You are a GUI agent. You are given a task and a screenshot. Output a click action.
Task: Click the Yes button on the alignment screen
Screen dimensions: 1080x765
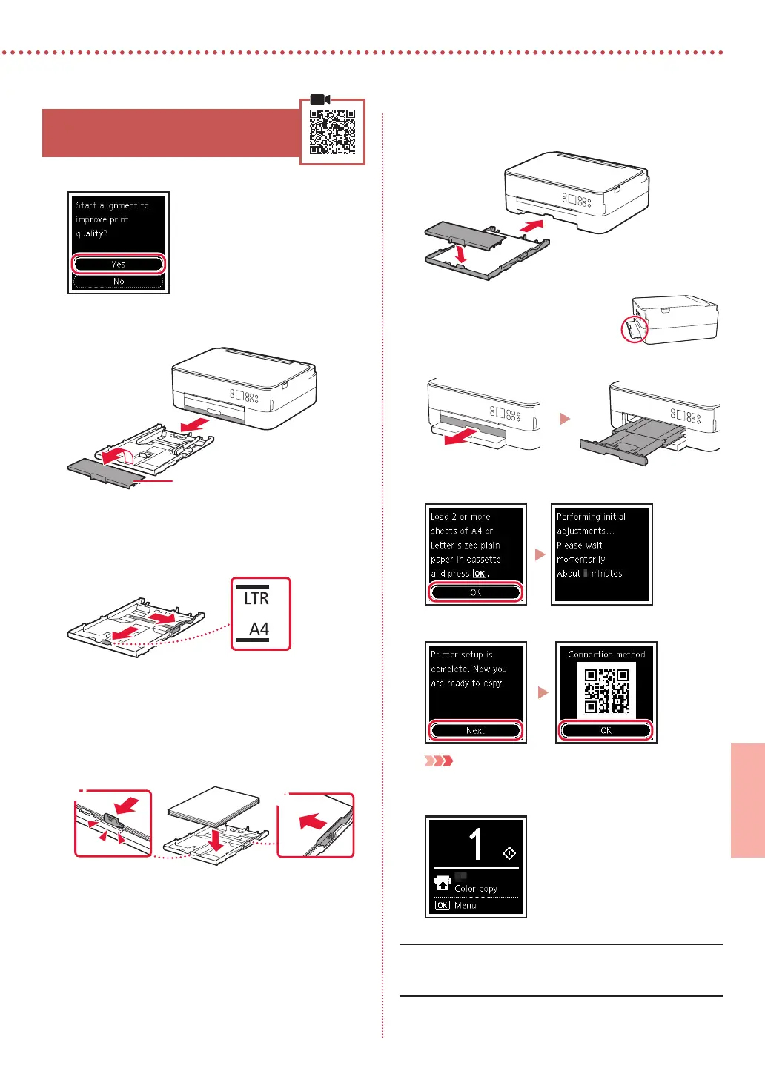(x=119, y=264)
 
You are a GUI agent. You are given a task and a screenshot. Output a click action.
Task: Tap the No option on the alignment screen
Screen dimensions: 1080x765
(x=119, y=282)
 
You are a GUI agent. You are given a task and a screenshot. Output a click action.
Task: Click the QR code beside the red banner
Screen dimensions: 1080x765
(x=332, y=132)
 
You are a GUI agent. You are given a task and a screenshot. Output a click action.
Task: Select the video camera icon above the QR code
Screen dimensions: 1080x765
(x=319, y=99)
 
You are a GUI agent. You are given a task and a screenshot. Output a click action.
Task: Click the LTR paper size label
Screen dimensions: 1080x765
(x=256, y=598)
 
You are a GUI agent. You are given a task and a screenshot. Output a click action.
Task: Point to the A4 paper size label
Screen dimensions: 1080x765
(x=259, y=629)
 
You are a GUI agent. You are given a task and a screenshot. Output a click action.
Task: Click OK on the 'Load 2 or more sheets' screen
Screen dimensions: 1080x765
(x=475, y=592)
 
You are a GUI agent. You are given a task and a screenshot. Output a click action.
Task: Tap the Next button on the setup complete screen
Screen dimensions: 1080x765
(x=475, y=730)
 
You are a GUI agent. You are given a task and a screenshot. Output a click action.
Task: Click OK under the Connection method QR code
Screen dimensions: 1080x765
(x=606, y=730)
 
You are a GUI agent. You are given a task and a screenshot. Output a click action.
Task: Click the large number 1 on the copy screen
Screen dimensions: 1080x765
(x=476, y=844)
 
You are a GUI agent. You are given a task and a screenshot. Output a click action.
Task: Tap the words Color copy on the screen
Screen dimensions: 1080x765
(x=476, y=889)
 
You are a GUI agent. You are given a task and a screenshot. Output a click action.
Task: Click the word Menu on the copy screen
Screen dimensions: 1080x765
(x=466, y=906)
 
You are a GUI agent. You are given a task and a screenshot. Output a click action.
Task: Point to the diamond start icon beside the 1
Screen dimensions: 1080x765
(x=509, y=854)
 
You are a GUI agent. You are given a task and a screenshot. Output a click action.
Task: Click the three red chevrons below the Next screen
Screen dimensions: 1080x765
(x=438, y=761)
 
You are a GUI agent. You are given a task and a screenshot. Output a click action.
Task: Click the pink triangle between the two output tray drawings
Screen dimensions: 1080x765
(x=565, y=419)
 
